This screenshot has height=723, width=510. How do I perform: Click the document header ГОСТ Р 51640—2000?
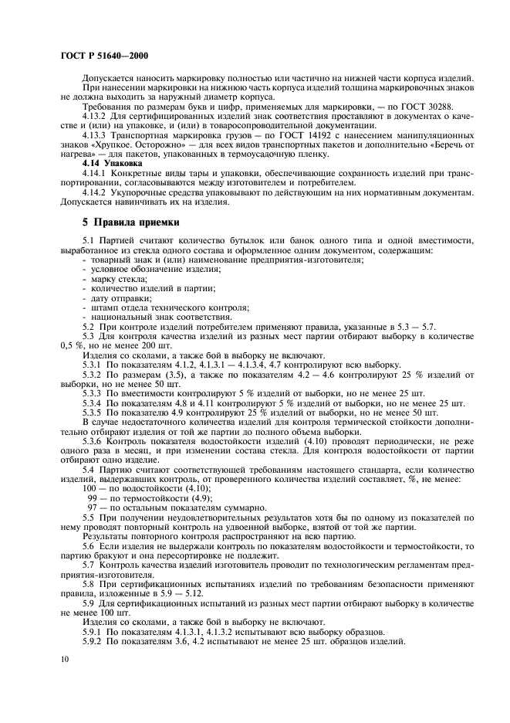[104, 56]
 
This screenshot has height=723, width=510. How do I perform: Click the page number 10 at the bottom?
[65, 658]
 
